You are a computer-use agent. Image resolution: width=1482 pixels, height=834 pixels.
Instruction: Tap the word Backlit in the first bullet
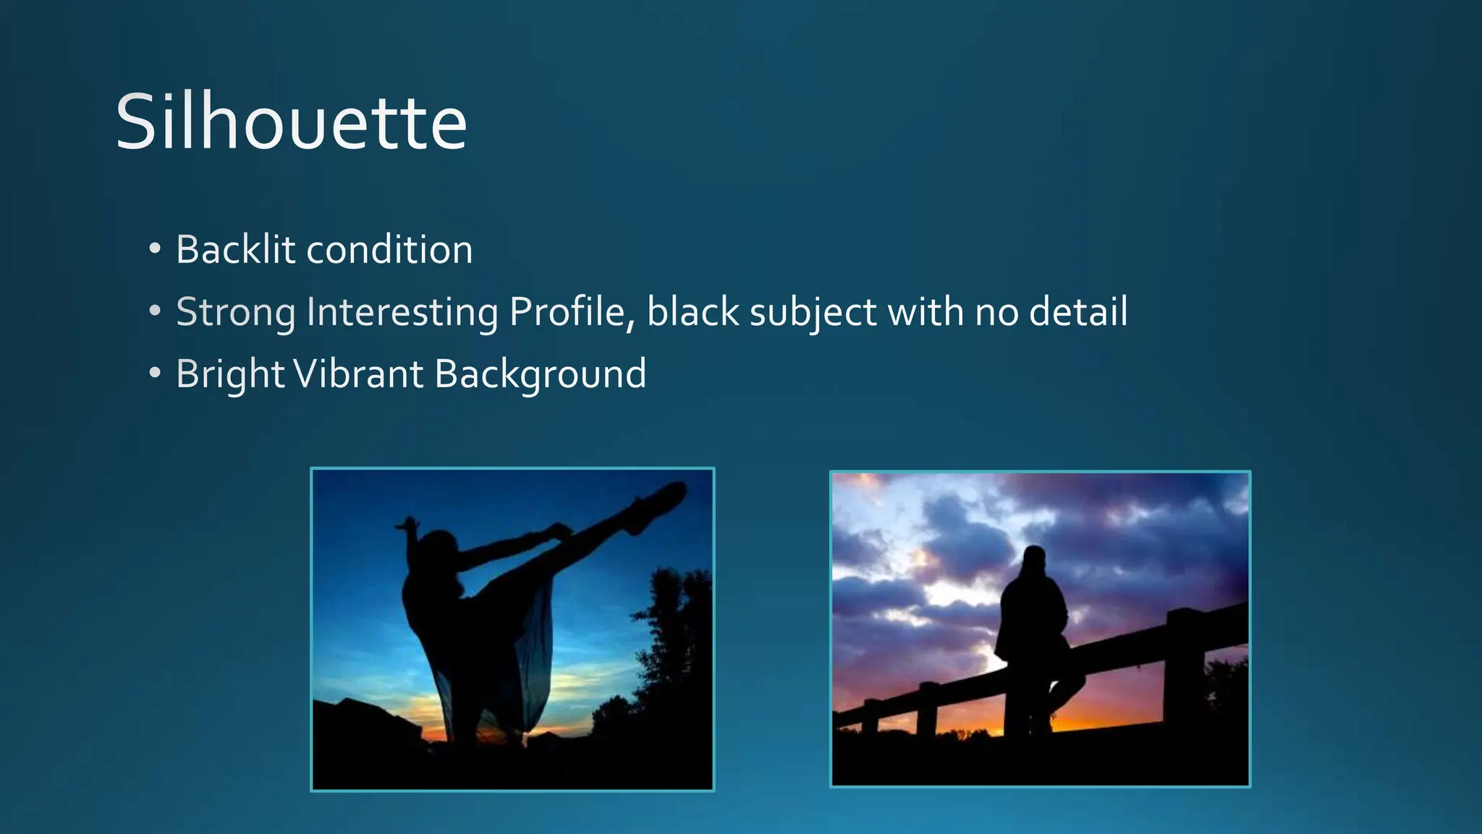[235, 250]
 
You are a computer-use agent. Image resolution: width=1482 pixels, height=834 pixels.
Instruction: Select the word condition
[389, 250]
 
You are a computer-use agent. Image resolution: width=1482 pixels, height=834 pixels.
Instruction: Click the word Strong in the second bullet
[235, 312]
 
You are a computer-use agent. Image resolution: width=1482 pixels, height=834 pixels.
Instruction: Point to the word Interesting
[402, 312]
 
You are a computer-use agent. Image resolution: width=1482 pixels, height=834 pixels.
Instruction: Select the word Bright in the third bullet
[230, 374]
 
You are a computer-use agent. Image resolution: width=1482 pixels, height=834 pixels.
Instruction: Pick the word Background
[540, 374]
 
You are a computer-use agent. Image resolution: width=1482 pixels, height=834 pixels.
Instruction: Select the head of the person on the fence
[1034, 560]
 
